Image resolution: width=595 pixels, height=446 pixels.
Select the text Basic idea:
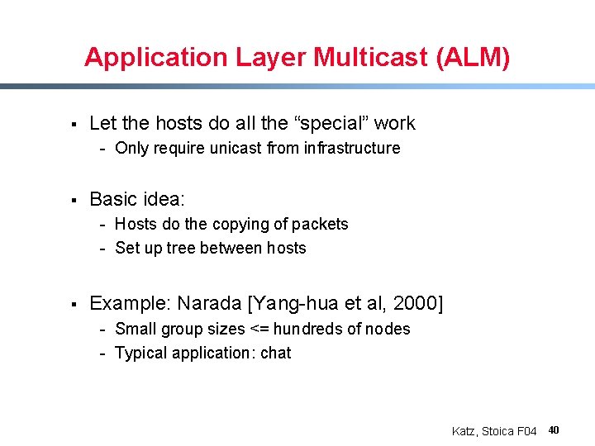[138, 199]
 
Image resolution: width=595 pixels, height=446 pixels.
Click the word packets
[321, 225]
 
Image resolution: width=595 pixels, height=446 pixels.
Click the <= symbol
[259, 329]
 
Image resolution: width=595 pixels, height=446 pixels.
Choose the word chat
[275, 353]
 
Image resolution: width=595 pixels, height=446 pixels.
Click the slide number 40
[554, 430]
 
